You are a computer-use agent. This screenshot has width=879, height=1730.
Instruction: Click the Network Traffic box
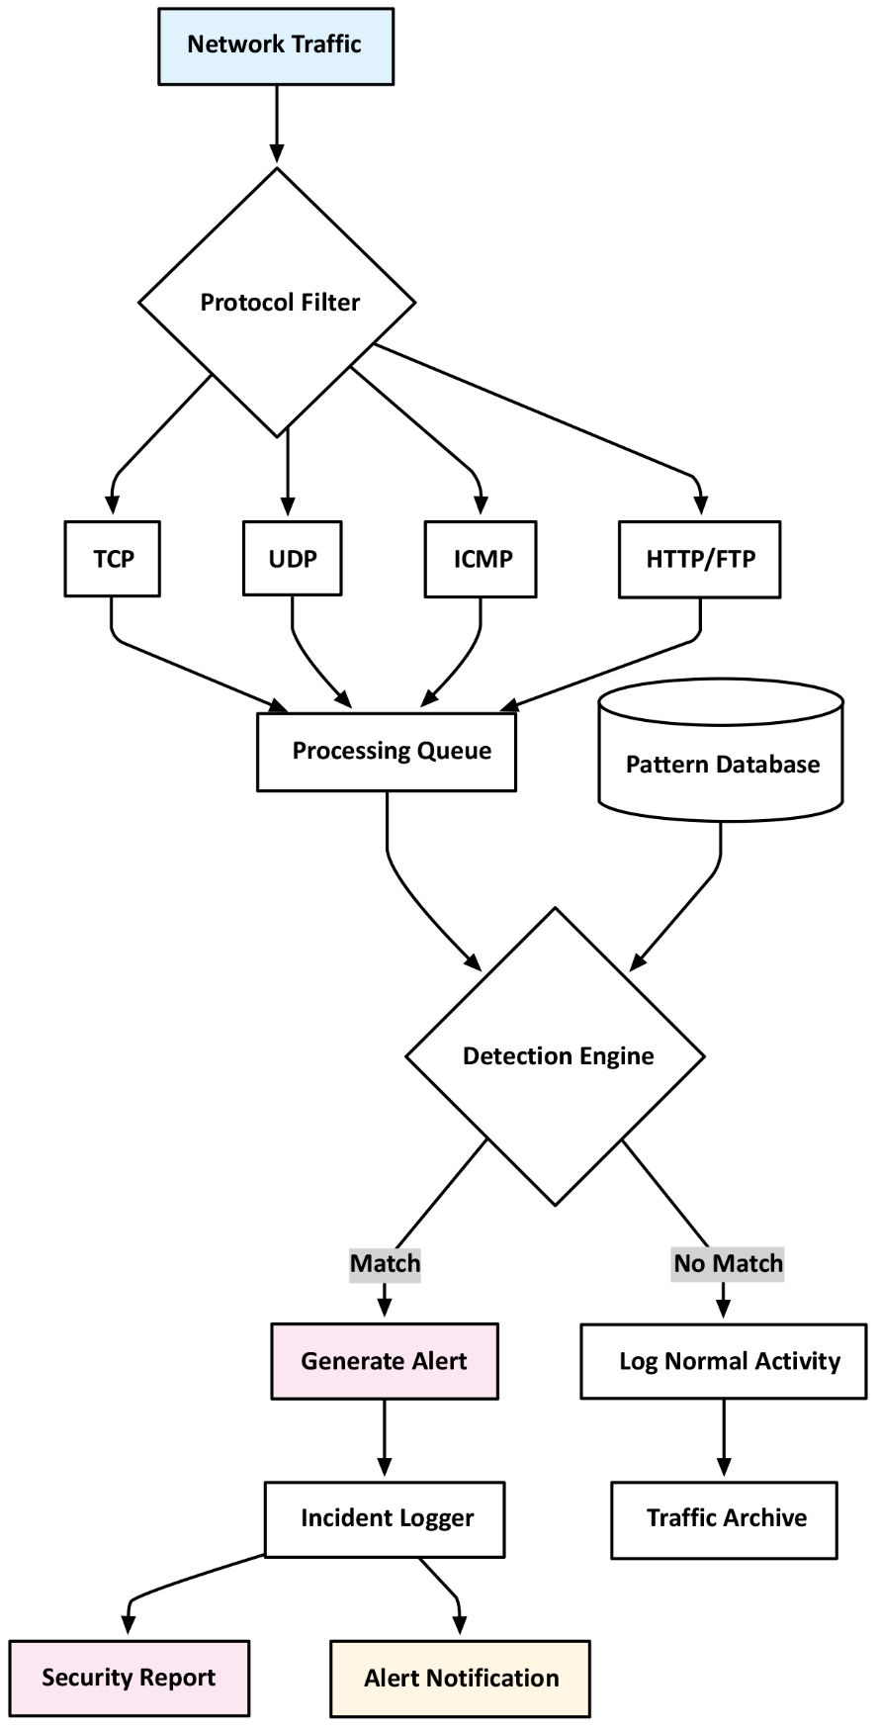276,46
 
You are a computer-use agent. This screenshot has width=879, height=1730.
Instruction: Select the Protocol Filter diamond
277,302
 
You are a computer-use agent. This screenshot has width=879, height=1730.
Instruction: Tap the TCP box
113,559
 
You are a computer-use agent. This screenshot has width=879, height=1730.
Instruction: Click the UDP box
293,559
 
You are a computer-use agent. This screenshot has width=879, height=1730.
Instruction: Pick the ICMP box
482,560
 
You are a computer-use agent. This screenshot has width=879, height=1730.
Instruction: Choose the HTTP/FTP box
700,560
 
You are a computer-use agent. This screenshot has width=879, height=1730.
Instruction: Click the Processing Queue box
387,752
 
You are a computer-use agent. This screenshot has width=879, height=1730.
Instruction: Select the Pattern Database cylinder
722,764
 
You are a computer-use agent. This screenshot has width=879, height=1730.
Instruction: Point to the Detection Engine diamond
556,1056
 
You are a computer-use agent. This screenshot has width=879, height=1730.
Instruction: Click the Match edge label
385,1264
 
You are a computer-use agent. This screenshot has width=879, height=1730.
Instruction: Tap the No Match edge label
728,1264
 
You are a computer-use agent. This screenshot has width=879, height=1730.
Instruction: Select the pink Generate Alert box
385,1361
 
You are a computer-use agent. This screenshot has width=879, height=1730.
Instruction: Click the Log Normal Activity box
724,1361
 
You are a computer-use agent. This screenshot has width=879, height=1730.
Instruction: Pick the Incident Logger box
385,1518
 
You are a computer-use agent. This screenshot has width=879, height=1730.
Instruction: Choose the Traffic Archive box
724,1518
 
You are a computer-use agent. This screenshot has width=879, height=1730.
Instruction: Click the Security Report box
130,1678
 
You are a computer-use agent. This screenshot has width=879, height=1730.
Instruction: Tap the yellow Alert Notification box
461,1679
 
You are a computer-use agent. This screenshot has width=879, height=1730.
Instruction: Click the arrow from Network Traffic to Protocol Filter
277,124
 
